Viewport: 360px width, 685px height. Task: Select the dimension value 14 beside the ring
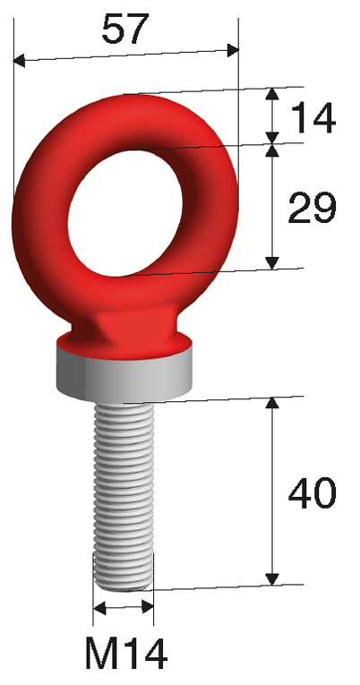pyautogui.click(x=312, y=116)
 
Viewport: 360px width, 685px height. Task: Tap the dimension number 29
pyautogui.click(x=312, y=209)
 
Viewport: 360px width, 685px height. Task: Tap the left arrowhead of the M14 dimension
pyautogui.click(x=98, y=609)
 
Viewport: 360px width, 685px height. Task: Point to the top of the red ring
pyautogui.click(x=125, y=96)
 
